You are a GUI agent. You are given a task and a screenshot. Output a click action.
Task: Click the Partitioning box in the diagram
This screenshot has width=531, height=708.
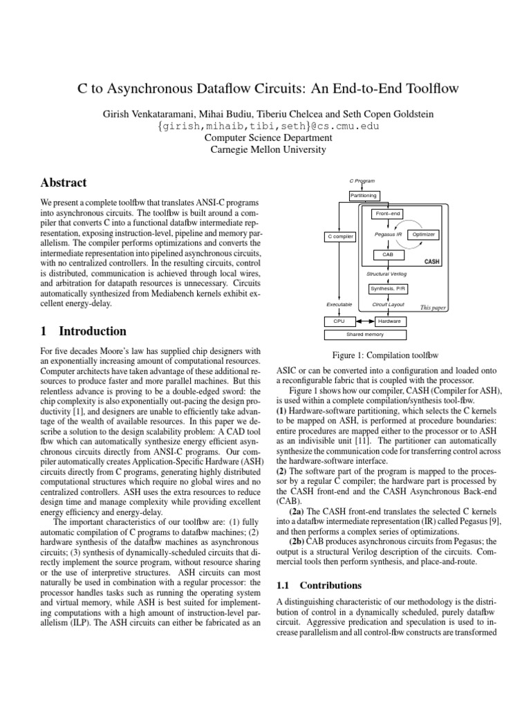coord(363,196)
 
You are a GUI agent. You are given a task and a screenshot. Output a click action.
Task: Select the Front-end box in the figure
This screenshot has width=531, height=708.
coord(388,214)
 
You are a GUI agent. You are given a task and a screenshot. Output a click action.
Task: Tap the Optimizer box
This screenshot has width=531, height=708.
coord(423,234)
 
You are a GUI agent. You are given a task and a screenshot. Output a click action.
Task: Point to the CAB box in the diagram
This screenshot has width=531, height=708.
coord(388,255)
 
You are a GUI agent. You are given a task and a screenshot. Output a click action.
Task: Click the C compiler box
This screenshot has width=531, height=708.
coord(339,237)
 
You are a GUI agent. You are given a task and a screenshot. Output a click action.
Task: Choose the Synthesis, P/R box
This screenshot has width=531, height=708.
coord(388,288)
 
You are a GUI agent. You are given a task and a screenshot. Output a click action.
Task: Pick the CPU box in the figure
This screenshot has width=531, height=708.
coord(339,321)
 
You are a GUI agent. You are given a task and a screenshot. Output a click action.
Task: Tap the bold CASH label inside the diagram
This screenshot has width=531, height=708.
coord(431,262)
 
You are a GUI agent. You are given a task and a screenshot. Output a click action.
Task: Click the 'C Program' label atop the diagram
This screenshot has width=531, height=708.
coord(362,180)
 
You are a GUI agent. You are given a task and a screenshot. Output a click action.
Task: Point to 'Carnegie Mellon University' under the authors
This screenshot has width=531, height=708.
coord(266,149)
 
